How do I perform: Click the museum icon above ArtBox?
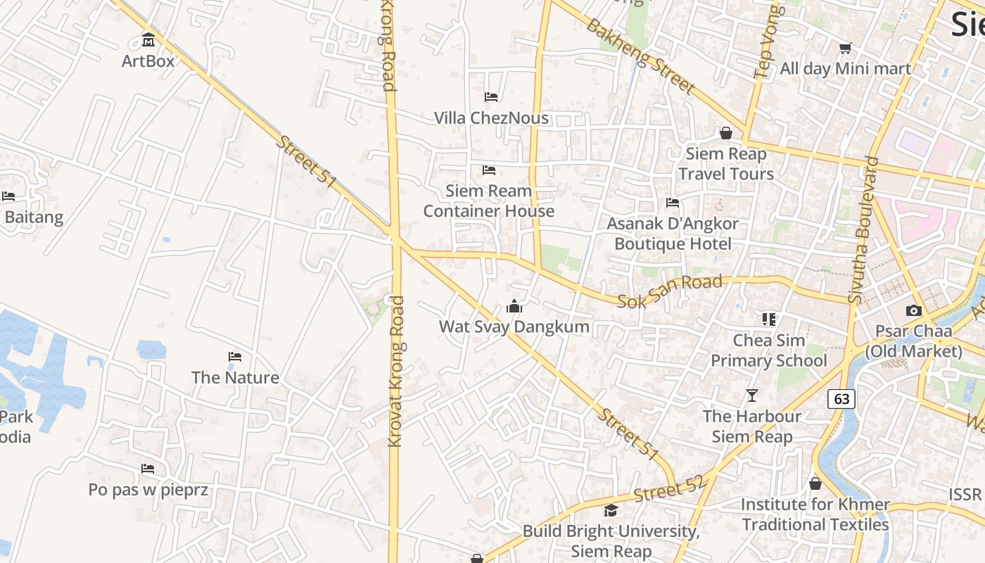[148, 39]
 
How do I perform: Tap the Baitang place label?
[34, 217]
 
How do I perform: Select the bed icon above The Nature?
[235, 357]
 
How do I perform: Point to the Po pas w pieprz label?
[148, 489]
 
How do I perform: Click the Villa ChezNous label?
[491, 118]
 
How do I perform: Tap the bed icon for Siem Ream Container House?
[489, 170]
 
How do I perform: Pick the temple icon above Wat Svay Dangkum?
[514, 306]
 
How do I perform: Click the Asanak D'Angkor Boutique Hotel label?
[673, 234]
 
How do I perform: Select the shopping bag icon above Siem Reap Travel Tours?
[725, 132]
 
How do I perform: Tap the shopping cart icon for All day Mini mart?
[845, 48]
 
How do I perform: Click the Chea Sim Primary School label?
[768, 350]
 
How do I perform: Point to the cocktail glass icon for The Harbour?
[752, 396]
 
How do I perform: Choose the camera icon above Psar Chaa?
[913, 310]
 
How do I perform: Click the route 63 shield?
[841, 399]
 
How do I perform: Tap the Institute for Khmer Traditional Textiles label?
[815, 514]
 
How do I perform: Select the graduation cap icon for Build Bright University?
[611, 510]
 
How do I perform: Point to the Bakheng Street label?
[640, 56]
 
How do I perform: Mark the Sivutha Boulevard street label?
[863, 230]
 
